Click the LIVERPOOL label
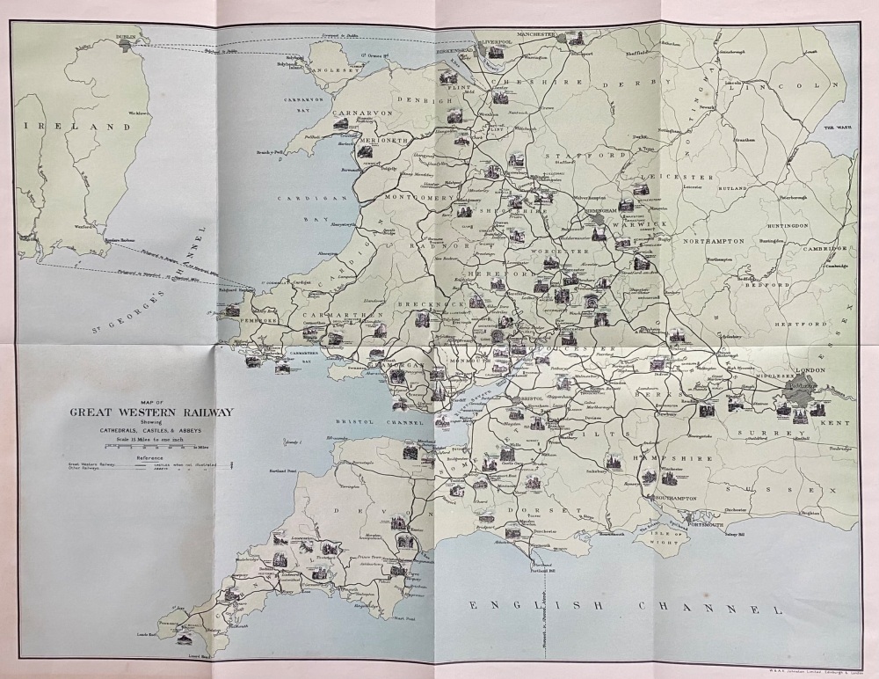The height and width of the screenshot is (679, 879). (x=495, y=40)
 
